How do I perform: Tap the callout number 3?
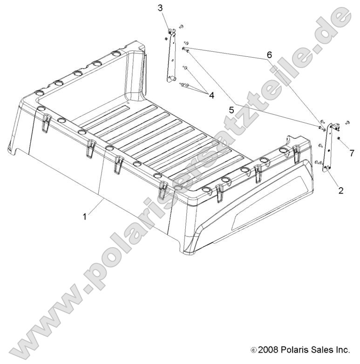(x=160, y=8)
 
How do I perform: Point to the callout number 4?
(x=211, y=95)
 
